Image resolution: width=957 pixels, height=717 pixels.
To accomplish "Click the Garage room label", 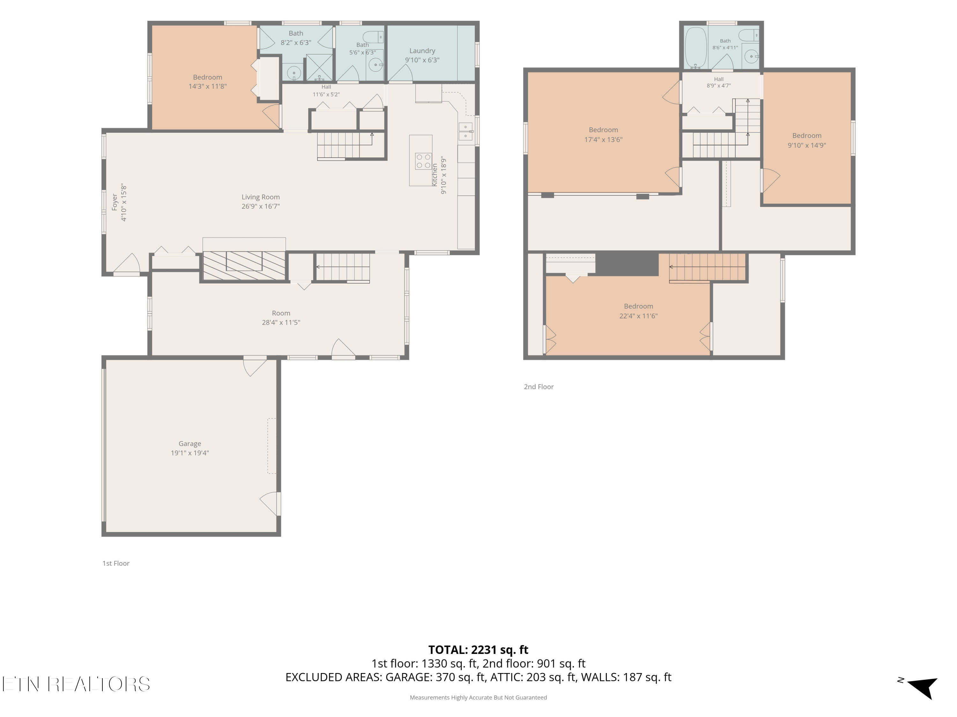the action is tap(189, 444).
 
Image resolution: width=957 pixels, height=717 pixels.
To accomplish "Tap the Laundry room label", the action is tap(422, 51).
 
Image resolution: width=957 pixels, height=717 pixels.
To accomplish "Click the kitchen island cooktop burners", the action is tap(423, 161).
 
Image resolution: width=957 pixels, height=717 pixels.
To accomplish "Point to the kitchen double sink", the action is tap(465, 131).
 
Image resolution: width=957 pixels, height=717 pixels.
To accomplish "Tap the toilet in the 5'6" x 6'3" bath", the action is tap(373, 37).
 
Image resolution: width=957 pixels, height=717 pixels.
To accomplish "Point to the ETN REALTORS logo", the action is tap(76, 684).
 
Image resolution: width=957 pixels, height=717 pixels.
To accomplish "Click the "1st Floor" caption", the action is tap(116, 563).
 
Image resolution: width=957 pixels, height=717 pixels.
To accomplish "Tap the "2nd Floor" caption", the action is tap(539, 387).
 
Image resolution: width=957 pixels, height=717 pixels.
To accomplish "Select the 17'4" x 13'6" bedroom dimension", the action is tap(603, 140).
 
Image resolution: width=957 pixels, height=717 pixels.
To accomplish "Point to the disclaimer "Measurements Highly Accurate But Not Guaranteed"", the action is tap(478, 698).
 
